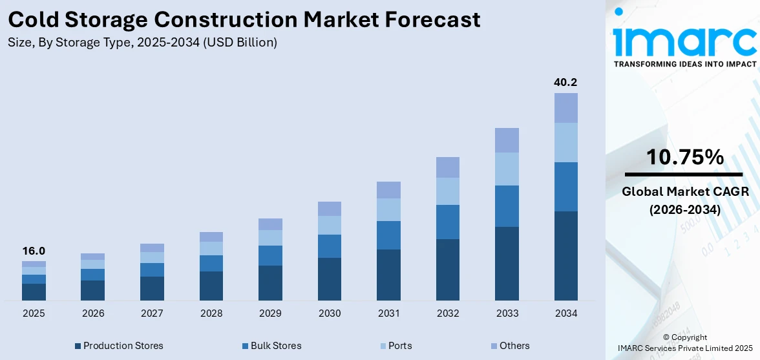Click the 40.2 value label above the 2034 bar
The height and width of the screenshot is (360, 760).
pyautogui.click(x=565, y=83)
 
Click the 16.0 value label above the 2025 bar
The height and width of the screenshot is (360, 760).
pyautogui.click(x=34, y=251)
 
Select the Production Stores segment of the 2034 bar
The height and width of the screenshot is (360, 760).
pyautogui.click(x=565, y=255)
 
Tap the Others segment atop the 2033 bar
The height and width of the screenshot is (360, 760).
pyautogui.click(x=507, y=140)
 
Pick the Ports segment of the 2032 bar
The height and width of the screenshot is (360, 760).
pyautogui.click(x=447, y=191)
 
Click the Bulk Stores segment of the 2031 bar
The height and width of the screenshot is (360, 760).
pyautogui.click(x=388, y=235)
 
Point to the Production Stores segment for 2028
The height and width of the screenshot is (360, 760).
pyautogui.click(x=211, y=286)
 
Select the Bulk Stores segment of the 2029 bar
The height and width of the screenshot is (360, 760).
pyautogui.click(x=270, y=255)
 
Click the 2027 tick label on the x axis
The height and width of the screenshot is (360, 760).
pyautogui.click(x=152, y=313)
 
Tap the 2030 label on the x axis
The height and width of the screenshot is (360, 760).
pyautogui.click(x=329, y=313)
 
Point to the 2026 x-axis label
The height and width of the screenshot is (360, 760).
pyautogui.click(x=92, y=313)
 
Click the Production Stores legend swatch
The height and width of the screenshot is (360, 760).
pyautogui.click(x=78, y=346)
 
